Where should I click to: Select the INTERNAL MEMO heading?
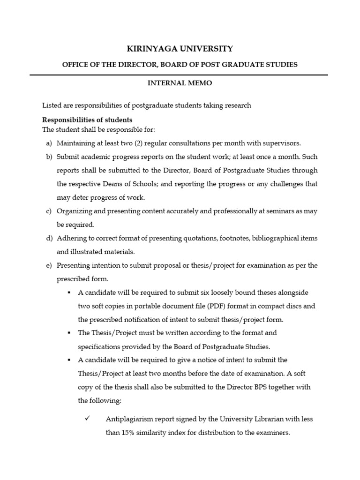[180, 83]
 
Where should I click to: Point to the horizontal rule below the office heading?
[179, 75]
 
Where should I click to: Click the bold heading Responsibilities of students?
[87, 120]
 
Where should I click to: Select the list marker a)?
[49, 143]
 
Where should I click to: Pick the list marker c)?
[49, 211]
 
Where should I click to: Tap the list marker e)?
[49, 265]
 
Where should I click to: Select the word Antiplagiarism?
[127, 419]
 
